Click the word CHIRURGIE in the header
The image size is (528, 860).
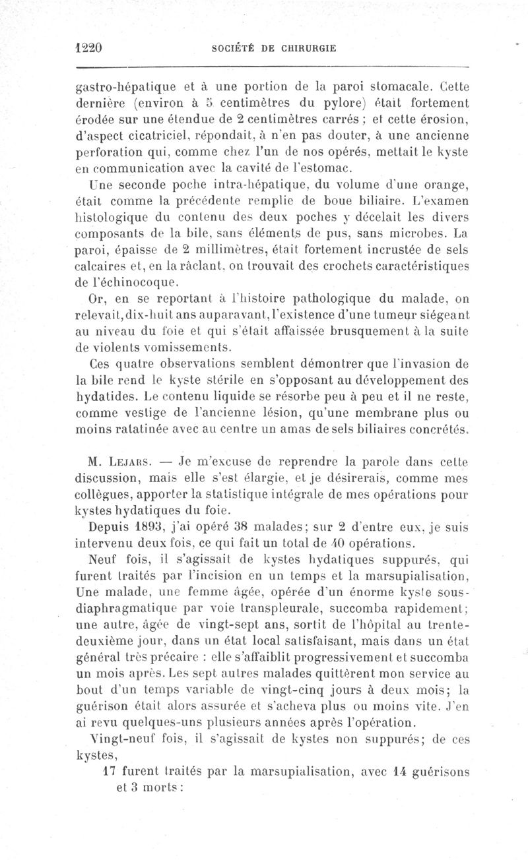[x=308, y=48]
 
